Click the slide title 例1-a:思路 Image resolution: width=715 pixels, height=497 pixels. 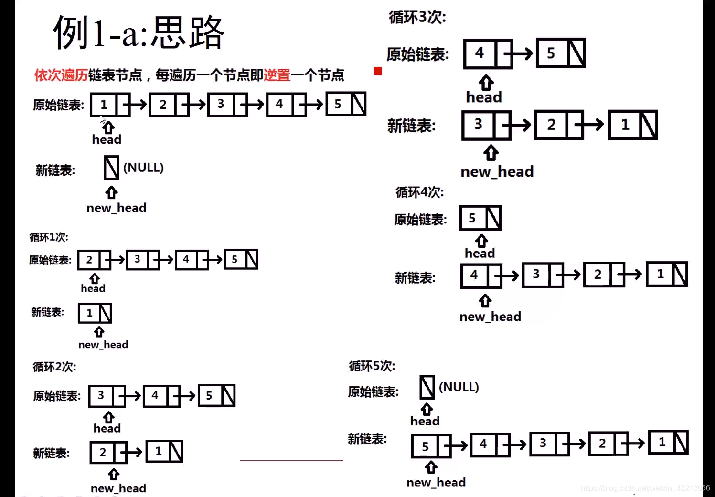[139, 32]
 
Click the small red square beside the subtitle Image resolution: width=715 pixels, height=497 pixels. [378, 71]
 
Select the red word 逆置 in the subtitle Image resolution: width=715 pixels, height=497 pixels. [277, 75]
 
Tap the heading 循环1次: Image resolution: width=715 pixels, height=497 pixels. [49, 237]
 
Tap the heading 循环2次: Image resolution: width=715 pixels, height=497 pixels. [54, 367]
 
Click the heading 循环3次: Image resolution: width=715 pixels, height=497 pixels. [417, 18]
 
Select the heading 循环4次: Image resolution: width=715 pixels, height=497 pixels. [419, 192]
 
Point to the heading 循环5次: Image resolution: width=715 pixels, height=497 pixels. [372, 366]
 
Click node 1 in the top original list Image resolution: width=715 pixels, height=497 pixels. [104, 105]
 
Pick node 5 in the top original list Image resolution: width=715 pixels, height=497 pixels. [338, 104]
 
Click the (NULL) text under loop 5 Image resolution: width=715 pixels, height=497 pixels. [459, 387]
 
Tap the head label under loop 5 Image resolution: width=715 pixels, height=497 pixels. [425, 421]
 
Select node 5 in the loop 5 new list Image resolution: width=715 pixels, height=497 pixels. [425, 446]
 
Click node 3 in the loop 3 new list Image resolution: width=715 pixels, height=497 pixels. [479, 125]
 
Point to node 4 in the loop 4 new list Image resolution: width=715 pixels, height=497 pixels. [474, 275]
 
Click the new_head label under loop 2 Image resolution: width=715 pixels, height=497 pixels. [118, 488]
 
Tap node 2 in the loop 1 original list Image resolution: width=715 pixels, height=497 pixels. [89, 260]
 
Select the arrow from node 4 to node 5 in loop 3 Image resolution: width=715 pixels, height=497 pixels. [520, 54]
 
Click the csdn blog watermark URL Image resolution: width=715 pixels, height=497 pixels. [645, 488]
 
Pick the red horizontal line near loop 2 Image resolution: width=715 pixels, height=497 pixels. [291, 460]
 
